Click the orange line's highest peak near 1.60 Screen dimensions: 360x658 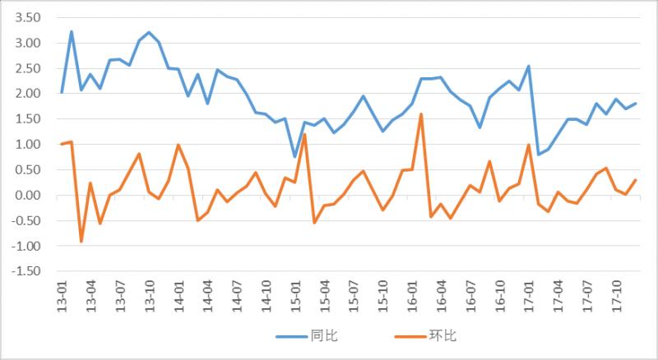(x=421, y=114)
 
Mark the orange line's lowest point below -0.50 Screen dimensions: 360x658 (x=81, y=241)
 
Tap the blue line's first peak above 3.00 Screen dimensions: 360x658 (x=72, y=32)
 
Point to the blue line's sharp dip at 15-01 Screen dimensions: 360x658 (x=294, y=156)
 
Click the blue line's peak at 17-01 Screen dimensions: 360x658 (x=528, y=67)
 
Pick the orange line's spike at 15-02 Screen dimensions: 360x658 (x=304, y=134)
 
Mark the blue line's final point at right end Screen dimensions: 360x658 (x=635, y=104)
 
